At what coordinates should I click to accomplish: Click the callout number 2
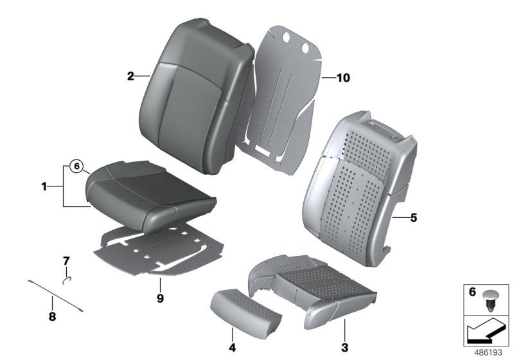(130, 76)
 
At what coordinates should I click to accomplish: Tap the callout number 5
(413, 218)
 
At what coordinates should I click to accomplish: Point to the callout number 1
(44, 187)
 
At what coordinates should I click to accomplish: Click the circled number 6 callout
(76, 167)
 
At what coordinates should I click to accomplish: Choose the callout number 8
(53, 316)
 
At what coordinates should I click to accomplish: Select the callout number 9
(160, 298)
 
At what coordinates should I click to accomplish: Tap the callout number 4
(233, 348)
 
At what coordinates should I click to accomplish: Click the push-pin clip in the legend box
(490, 300)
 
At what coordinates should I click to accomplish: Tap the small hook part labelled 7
(66, 279)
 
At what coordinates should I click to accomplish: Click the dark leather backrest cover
(193, 84)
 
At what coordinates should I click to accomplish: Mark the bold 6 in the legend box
(472, 293)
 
